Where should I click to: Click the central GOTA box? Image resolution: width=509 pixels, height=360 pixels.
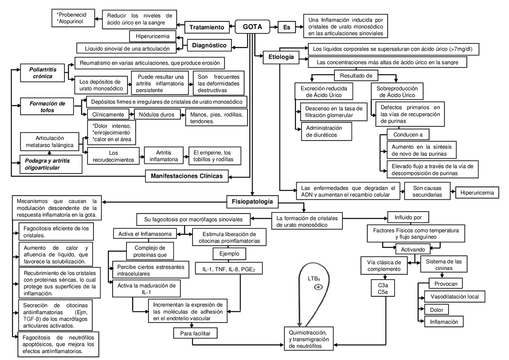[x=252, y=27]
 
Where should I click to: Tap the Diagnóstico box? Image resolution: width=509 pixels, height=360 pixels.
[x=209, y=45]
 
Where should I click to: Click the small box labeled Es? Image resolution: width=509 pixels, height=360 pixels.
[x=287, y=27]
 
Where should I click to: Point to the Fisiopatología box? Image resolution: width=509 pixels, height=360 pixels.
[x=252, y=202]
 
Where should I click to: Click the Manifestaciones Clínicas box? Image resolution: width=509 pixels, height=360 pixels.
[x=187, y=175]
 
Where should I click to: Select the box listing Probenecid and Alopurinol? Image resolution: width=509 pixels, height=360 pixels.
[x=74, y=18]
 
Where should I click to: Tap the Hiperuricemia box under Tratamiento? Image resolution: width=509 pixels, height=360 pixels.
[x=153, y=37]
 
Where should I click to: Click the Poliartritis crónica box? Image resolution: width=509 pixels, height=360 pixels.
[x=43, y=73]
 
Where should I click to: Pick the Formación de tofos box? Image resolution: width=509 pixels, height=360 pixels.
[x=47, y=107]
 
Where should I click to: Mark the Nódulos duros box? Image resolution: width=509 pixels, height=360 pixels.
[x=156, y=115]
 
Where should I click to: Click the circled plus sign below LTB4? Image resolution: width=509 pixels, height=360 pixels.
[x=318, y=287]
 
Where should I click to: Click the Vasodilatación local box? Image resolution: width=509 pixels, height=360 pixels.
[x=455, y=296]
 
